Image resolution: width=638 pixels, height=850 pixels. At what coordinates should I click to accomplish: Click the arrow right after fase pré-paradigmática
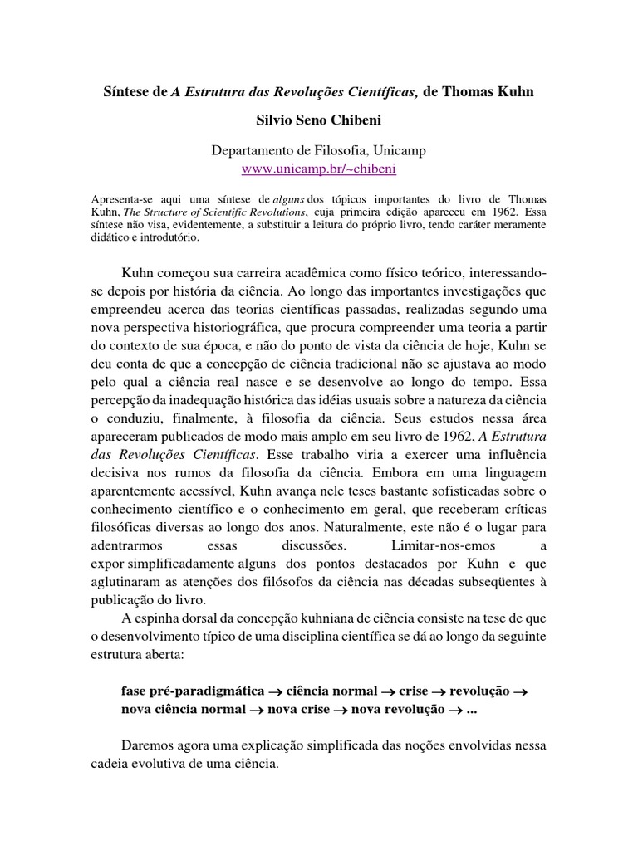[x=276, y=691]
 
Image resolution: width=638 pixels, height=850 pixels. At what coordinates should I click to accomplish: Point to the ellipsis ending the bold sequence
[x=472, y=710]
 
